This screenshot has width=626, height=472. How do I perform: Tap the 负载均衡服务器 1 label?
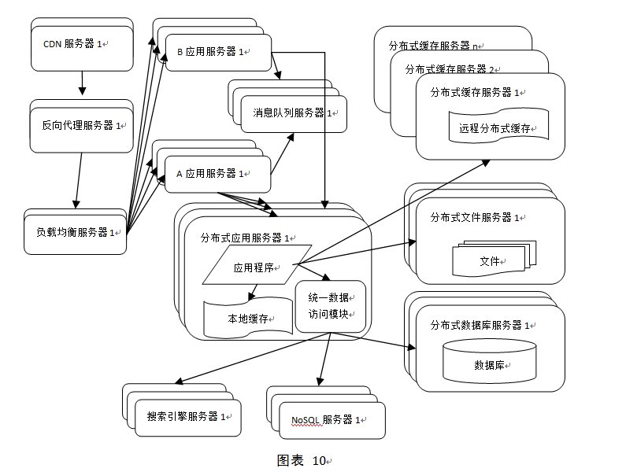76,232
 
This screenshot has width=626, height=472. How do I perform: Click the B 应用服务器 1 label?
210,52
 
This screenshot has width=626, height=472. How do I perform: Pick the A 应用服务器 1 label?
209,173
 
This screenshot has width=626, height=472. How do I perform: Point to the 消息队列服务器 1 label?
294,112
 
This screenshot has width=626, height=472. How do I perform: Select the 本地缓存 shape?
248,318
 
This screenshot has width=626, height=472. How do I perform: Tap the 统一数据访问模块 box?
330,305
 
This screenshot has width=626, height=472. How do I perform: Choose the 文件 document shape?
490,260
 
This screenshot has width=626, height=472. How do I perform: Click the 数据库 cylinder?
489,365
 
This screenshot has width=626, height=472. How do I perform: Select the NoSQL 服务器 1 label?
324,419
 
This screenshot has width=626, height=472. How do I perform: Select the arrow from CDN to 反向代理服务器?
82,82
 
